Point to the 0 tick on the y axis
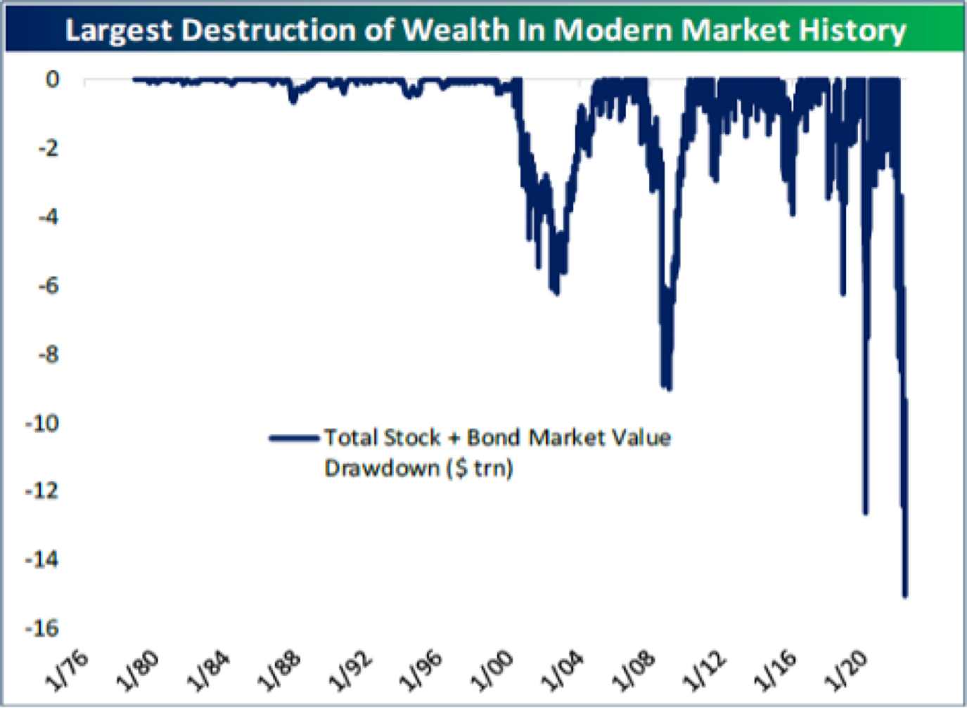click(x=52, y=79)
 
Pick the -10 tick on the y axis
click(x=42, y=423)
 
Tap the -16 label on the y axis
click(x=42, y=628)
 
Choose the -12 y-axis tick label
click(x=42, y=490)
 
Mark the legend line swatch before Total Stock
click(x=293, y=438)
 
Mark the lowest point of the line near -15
click(x=905, y=596)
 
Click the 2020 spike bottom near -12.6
click(x=866, y=513)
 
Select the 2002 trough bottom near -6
click(x=556, y=293)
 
